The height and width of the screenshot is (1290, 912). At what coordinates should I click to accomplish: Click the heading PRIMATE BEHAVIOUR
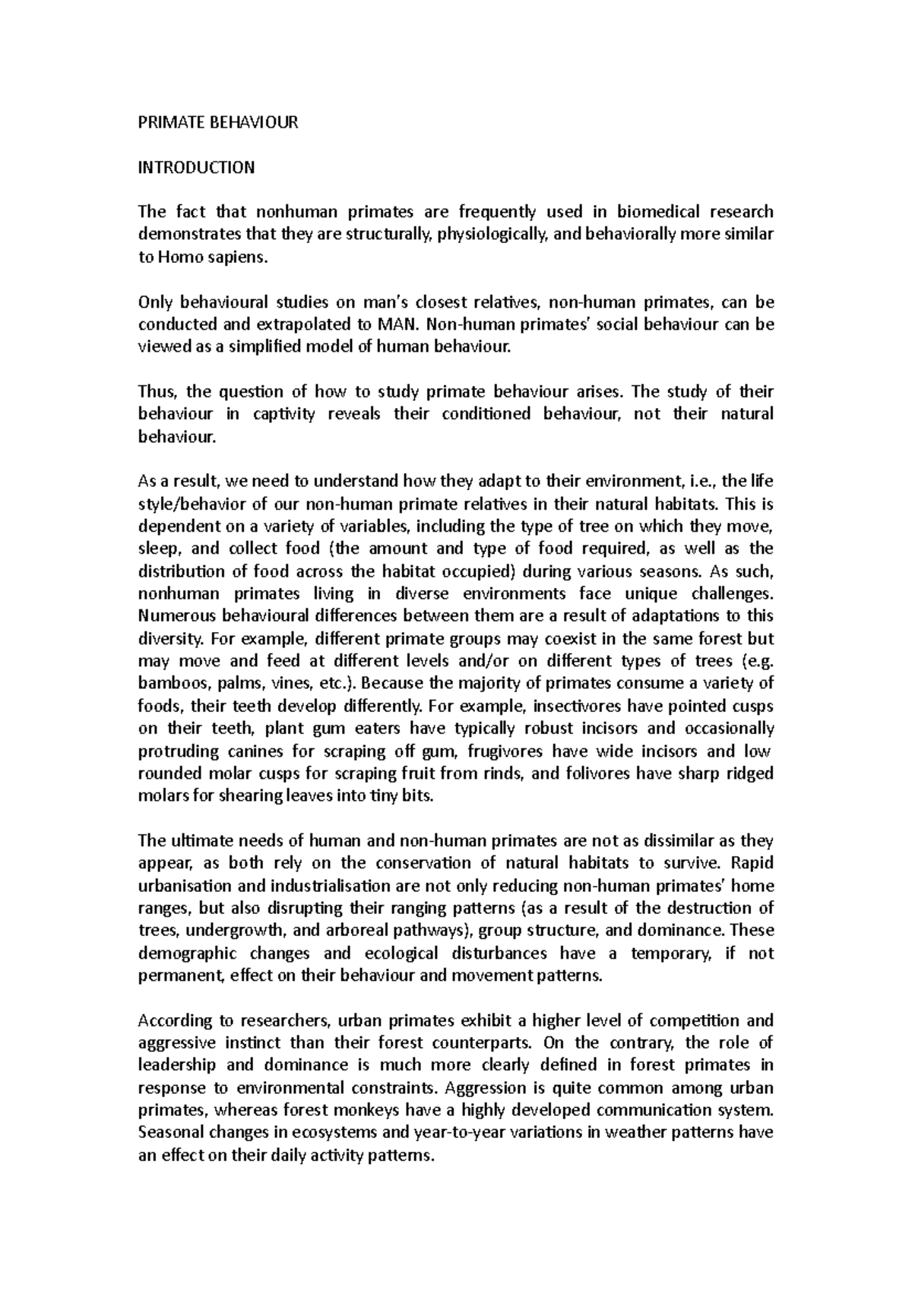tap(218, 122)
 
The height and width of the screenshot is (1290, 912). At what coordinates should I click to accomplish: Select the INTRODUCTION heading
tap(196, 167)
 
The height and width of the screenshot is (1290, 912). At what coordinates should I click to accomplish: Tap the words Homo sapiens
tap(213, 257)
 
